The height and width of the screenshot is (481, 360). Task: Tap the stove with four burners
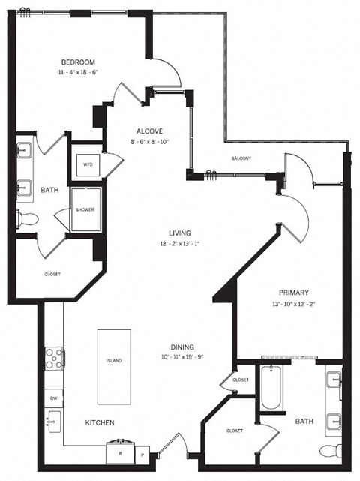[x=55, y=359]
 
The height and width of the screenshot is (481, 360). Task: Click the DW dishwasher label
[x=53, y=397]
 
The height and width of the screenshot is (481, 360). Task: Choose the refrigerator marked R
[x=120, y=452]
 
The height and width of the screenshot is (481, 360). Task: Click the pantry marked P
[x=141, y=454]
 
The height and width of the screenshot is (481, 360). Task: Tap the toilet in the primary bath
[x=327, y=451]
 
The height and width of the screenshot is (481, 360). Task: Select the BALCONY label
[x=241, y=158]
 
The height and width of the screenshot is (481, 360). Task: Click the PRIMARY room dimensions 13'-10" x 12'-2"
[x=293, y=303]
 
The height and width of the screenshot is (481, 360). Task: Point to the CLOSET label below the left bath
[x=52, y=274]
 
